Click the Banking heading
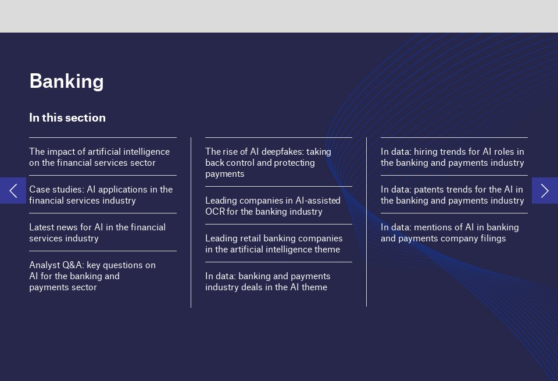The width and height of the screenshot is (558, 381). coord(66,81)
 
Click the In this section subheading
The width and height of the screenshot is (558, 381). coord(67,117)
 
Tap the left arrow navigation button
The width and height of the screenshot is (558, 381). coord(13,190)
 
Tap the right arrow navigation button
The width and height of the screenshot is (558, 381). coord(545,190)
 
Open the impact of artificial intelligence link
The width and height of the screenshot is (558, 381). coord(99,157)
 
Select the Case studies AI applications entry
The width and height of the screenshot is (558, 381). coord(101,195)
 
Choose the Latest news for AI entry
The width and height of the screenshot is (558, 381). coord(97,233)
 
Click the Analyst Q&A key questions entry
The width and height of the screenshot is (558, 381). coord(92,276)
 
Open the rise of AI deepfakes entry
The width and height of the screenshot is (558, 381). coord(268,162)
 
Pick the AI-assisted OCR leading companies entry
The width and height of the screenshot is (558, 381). coord(273,206)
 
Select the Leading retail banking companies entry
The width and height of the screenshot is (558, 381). coord(274,244)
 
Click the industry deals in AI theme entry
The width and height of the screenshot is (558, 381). coord(267,282)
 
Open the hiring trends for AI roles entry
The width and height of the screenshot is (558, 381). coord(452,157)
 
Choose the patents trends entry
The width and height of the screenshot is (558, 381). coord(452,195)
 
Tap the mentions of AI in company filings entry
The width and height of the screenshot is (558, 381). coord(449,233)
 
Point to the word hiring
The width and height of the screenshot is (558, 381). coord(425,152)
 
